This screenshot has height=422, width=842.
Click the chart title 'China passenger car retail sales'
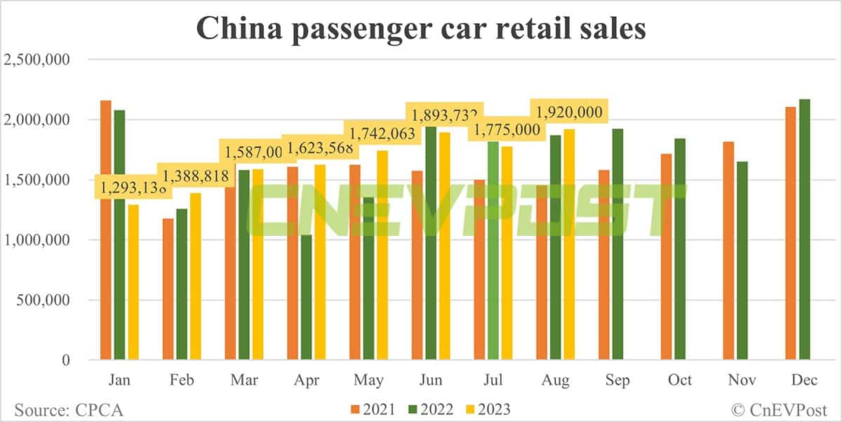(x=420, y=29)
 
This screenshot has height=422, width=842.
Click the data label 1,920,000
(x=569, y=112)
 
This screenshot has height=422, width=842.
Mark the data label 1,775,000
(x=507, y=130)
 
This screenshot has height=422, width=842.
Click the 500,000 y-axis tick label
(x=44, y=301)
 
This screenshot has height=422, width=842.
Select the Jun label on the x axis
(x=431, y=381)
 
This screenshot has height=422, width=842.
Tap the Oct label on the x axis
(x=680, y=381)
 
